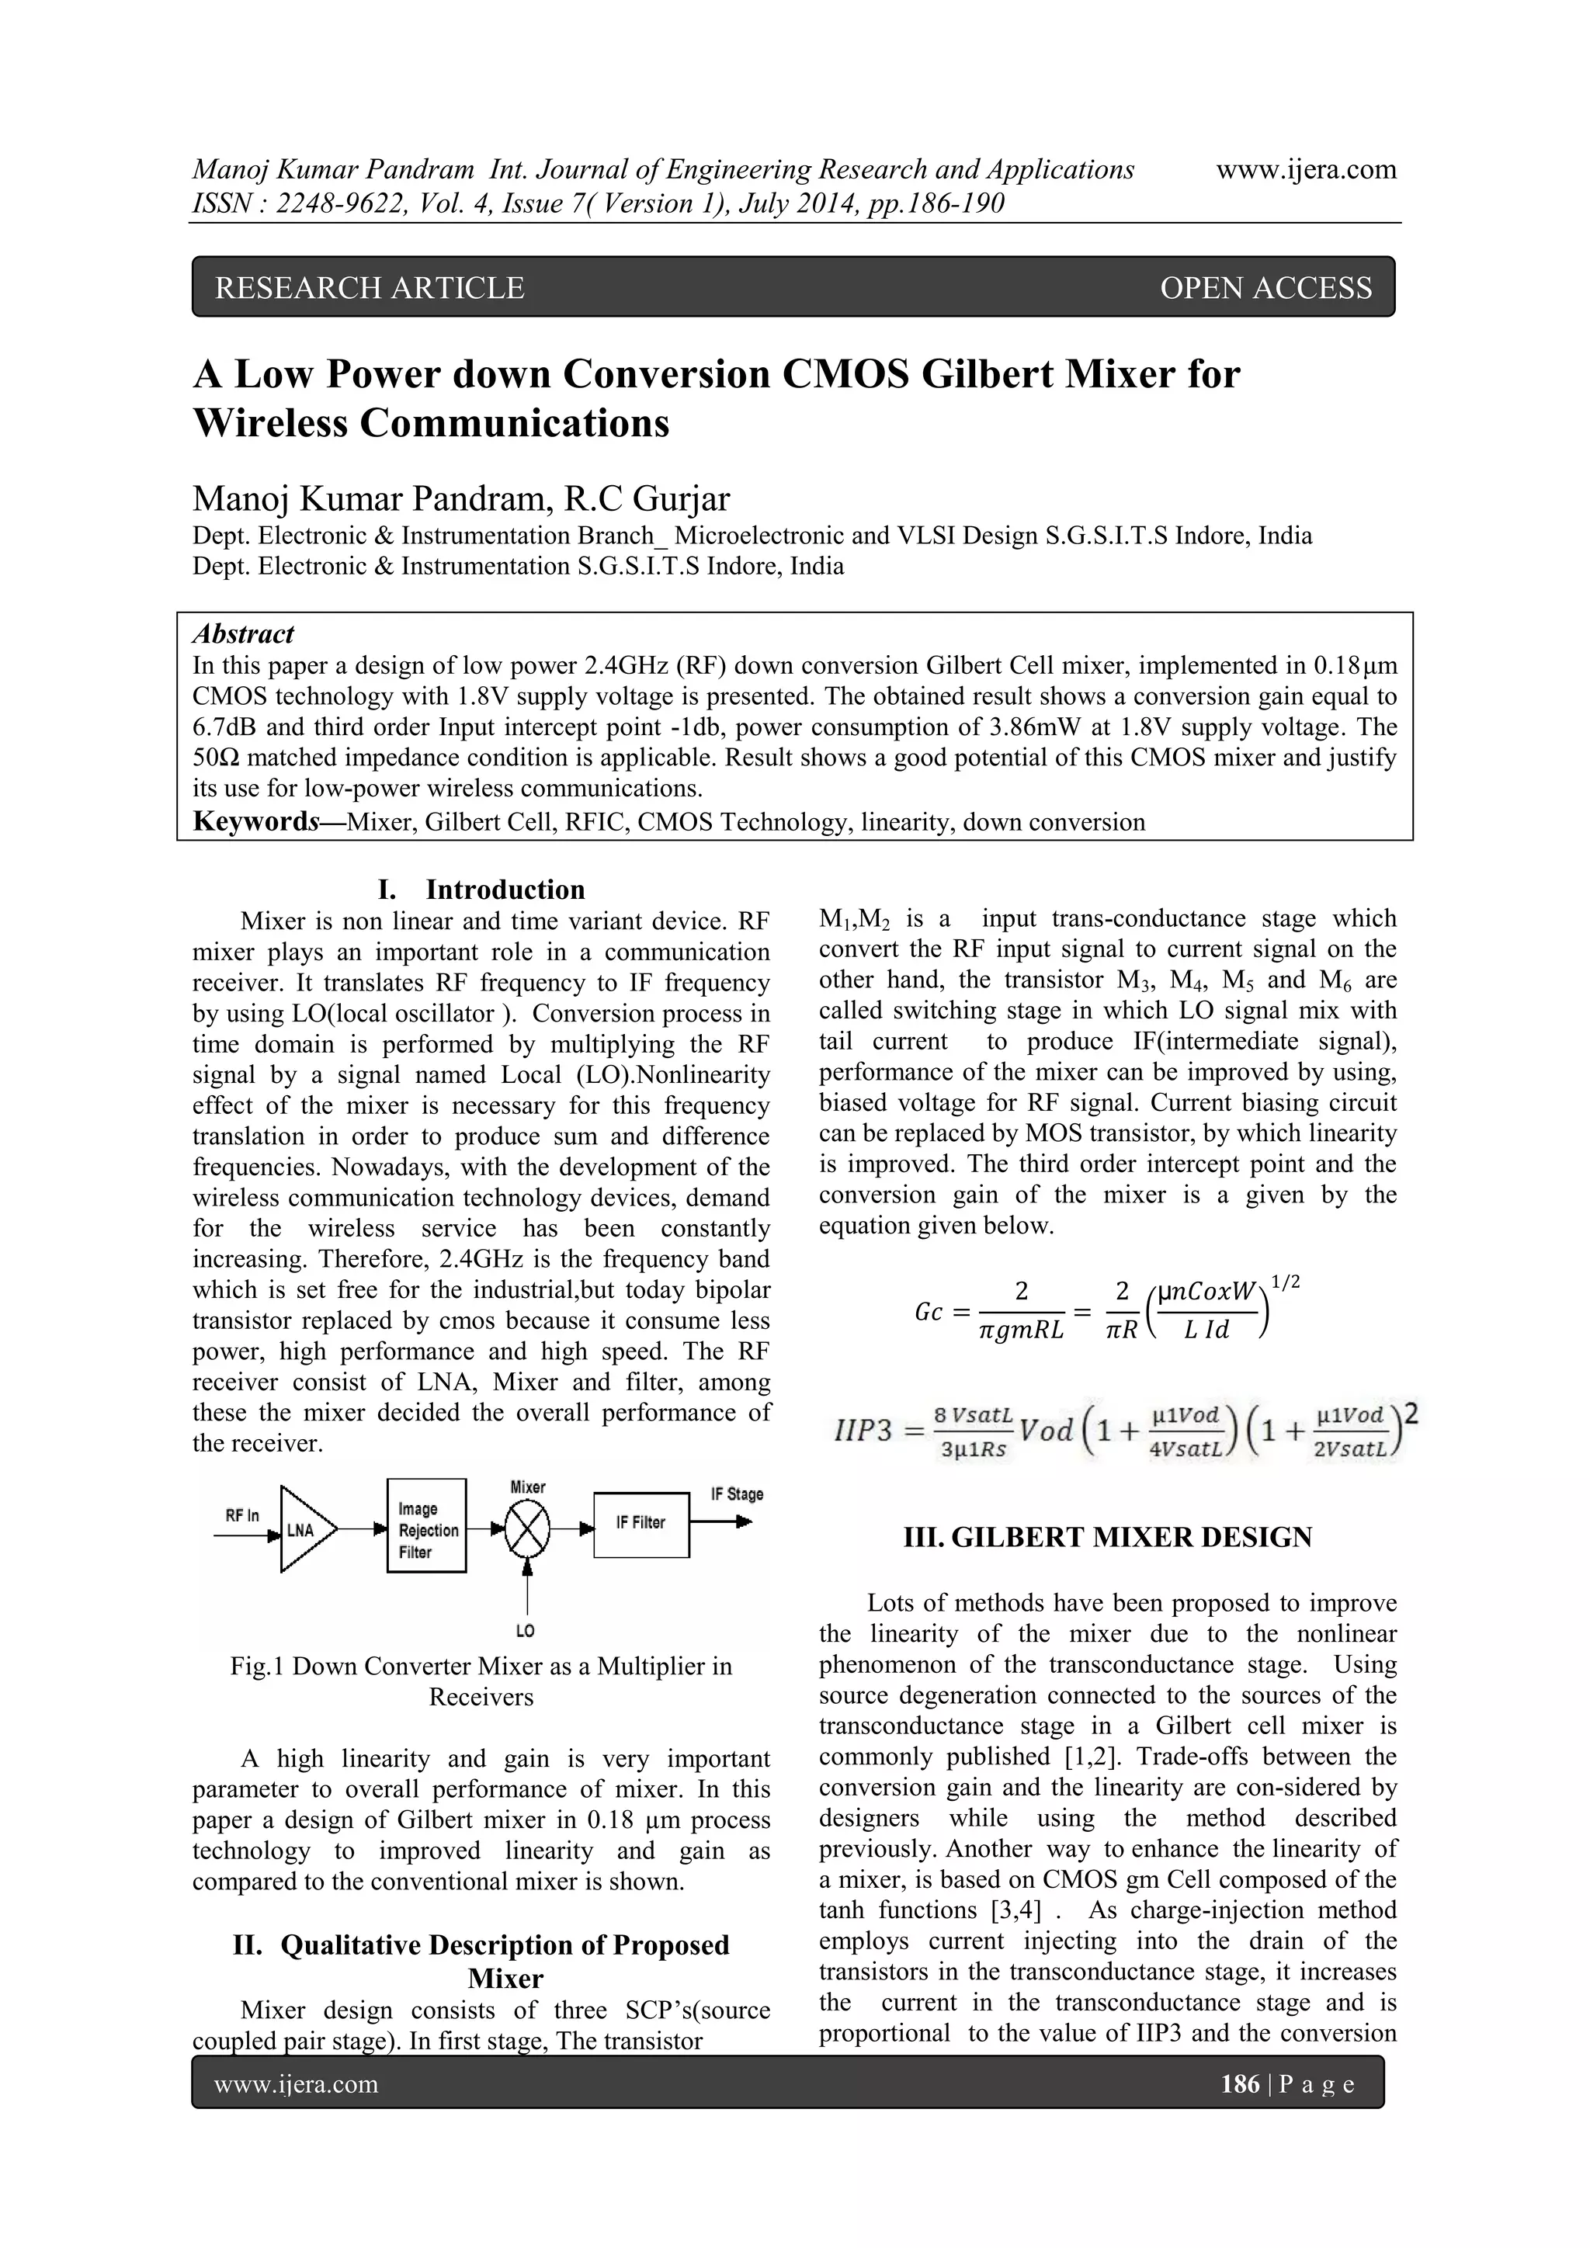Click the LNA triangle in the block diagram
tap(304, 1529)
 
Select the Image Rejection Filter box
tap(426, 1525)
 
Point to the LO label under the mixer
tap(526, 1630)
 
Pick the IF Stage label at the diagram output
tap(738, 1494)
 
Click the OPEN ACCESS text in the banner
tap(1265, 288)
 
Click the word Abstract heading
tap(243, 633)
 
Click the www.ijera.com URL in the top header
tap(1305, 169)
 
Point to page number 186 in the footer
tap(1240, 2083)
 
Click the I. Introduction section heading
tap(481, 889)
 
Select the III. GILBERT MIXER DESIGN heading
tap(1107, 1537)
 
